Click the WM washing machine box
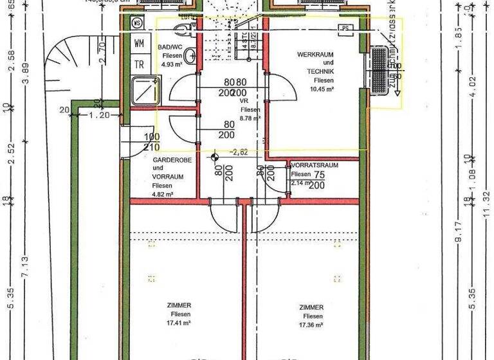139,44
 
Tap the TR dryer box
139,64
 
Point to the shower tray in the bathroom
144,91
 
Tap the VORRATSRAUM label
315,165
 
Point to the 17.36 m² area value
311,325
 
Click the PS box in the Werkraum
346,28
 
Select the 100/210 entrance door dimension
152,141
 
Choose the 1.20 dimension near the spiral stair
98,116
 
